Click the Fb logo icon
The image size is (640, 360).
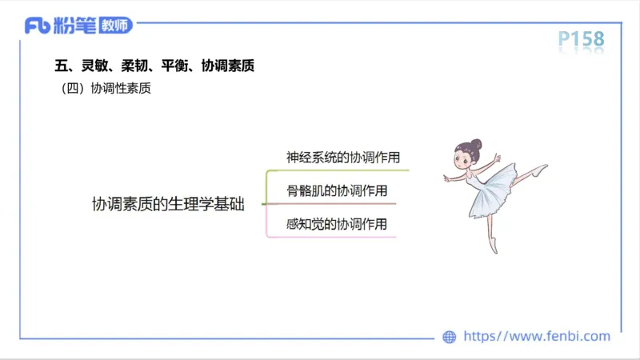(x=38, y=26)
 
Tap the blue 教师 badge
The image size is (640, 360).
(x=115, y=26)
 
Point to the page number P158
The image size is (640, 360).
(x=581, y=39)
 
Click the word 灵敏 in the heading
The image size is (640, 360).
(x=95, y=66)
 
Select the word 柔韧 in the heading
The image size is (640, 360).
(x=134, y=66)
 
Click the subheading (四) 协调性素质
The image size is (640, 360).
(x=106, y=90)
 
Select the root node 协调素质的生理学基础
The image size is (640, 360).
(x=168, y=204)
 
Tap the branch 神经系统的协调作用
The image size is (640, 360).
(x=342, y=157)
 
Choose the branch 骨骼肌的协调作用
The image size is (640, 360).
(x=336, y=190)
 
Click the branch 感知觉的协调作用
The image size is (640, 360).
(x=336, y=224)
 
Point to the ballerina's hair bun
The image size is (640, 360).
(x=476, y=145)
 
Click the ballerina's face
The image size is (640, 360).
(x=465, y=158)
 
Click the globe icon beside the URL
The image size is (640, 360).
(x=450, y=337)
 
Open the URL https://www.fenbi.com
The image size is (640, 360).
(x=537, y=337)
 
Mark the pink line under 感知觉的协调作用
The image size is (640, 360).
(x=336, y=237)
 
